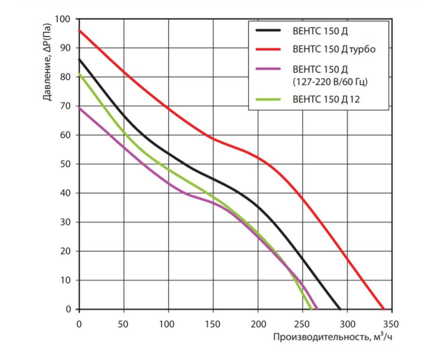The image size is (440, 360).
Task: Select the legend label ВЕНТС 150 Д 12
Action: pos(326,99)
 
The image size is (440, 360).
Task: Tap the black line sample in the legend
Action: pos(268,30)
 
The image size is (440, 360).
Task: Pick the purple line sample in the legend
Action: pos(268,69)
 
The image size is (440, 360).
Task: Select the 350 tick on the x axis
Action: pos(391,324)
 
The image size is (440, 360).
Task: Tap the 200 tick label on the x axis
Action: pos(258,324)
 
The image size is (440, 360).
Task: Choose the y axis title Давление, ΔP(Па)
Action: pos(48,63)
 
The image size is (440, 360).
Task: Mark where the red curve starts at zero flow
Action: pos(79,30)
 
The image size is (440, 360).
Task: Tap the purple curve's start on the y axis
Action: pos(79,108)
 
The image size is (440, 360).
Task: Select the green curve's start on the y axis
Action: pos(79,74)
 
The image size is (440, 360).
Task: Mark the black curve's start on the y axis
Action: pos(79,59)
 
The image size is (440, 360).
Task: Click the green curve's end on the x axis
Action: pos(312,309)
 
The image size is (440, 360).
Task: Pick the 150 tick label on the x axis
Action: pos(213,324)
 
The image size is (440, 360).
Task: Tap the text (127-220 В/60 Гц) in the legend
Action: pos(330,82)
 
